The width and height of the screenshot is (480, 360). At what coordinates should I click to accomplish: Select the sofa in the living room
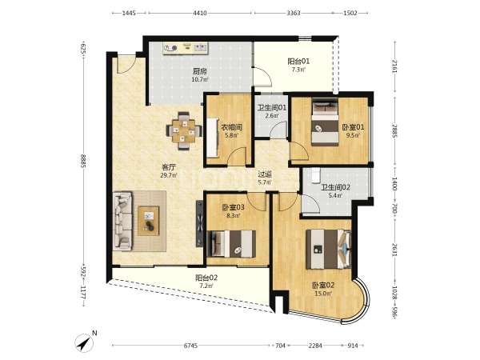[122, 221]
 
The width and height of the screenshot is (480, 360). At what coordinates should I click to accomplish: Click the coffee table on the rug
[149, 221]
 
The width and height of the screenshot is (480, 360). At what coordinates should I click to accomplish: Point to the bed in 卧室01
[325, 122]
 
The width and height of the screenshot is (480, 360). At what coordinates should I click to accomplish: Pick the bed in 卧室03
[231, 244]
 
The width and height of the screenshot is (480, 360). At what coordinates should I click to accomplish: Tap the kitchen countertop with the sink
[186, 48]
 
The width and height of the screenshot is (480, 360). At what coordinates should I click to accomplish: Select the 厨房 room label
[199, 72]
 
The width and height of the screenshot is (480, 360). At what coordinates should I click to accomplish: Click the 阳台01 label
[298, 62]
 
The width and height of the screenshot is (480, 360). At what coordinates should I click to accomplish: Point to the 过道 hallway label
[265, 174]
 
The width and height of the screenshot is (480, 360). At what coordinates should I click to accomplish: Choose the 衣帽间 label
[232, 126]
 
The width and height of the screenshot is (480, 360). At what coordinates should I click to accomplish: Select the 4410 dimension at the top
[200, 13]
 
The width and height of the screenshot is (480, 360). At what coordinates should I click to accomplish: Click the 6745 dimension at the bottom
[190, 346]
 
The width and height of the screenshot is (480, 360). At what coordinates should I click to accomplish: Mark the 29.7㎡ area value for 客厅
[169, 175]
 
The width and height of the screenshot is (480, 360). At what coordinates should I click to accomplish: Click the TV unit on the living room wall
[199, 223]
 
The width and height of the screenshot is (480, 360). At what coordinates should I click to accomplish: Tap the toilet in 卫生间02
[314, 175]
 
